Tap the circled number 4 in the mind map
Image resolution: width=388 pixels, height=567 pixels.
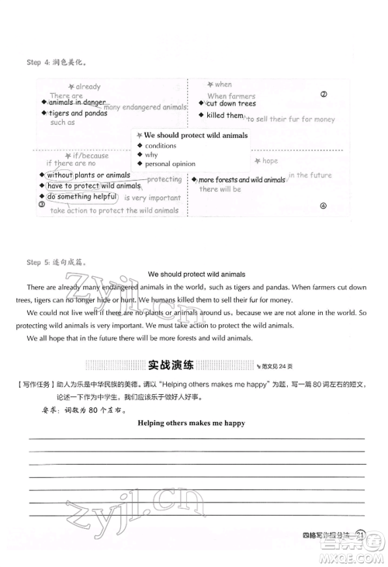tap(324, 206)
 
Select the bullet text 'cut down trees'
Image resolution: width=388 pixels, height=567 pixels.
tap(231, 103)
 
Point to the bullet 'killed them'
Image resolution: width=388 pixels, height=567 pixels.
tap(226, 115)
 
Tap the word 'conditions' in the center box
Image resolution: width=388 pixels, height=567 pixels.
tap(161, 145)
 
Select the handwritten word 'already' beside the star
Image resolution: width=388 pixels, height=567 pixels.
tap(88, 88)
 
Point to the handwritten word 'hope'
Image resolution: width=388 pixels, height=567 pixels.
tap(269, 161)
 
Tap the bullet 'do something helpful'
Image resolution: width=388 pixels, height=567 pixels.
tap(81, 197)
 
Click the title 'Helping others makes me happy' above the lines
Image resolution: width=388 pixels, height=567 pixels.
tap(191, 423)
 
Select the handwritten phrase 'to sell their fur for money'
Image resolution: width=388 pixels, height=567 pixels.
tap(291, 119)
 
